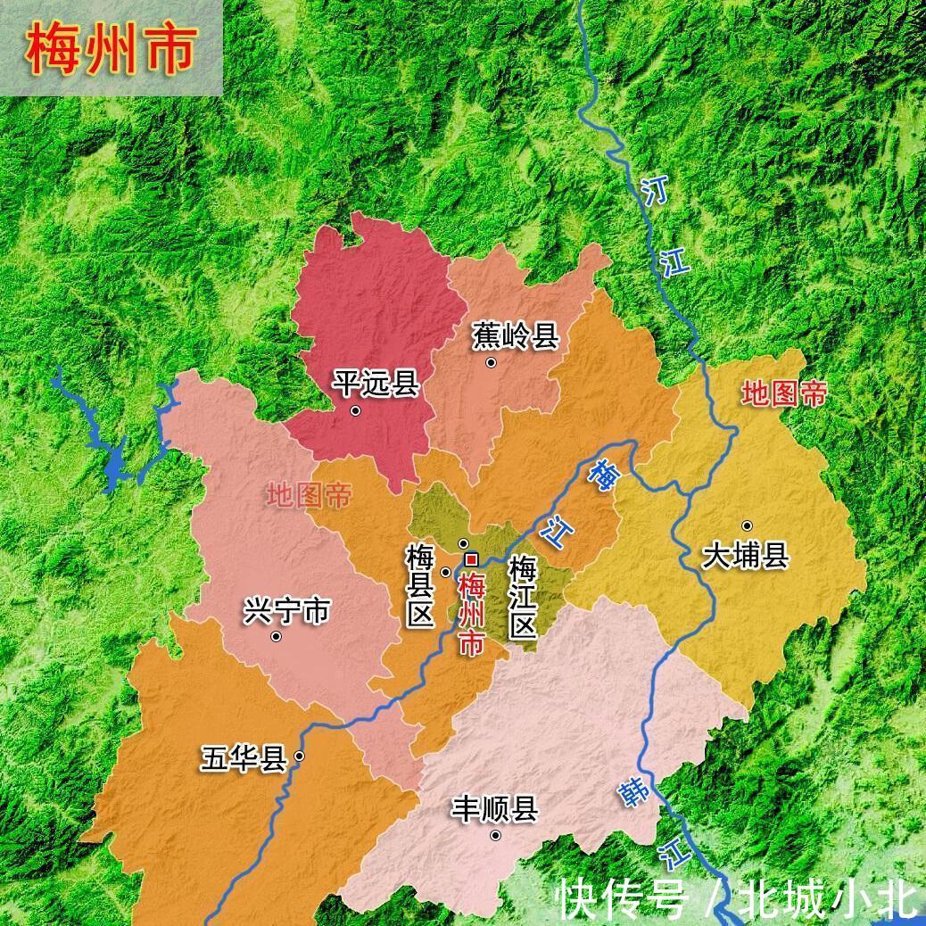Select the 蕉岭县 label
515,336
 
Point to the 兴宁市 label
286,611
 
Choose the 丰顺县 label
494,810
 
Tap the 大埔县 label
745,557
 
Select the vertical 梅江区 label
522,598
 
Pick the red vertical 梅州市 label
470,616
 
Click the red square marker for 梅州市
472,559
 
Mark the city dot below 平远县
355,411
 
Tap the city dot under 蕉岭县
491,362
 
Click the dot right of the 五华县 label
299,757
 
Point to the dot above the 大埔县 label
747,525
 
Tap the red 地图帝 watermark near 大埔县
784,393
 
